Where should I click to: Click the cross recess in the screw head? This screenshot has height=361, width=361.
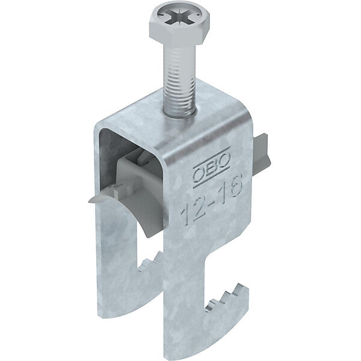coord(179,18)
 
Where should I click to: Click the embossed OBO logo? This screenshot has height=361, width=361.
coord(211,168)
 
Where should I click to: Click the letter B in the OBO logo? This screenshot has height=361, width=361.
coord(212,168)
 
